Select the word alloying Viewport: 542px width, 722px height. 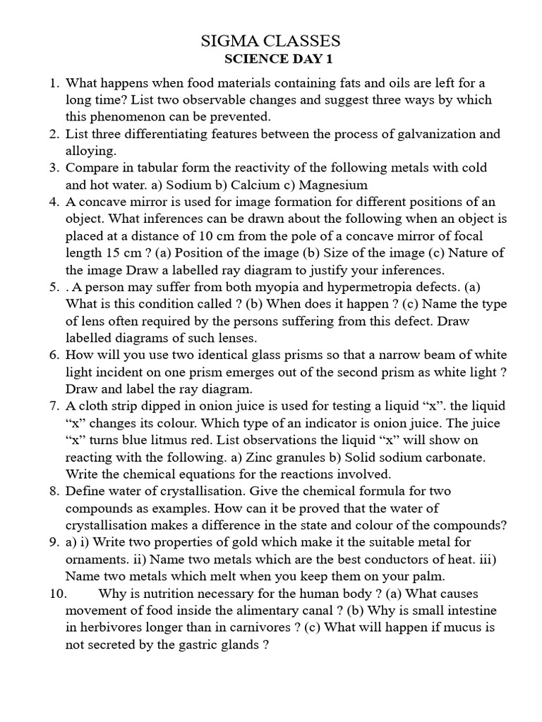tap(90, 151)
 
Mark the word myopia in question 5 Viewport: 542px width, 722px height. tap(296, 287)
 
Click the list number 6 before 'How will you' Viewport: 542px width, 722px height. tap(54, 355)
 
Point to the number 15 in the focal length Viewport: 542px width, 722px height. tap(107, 253)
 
